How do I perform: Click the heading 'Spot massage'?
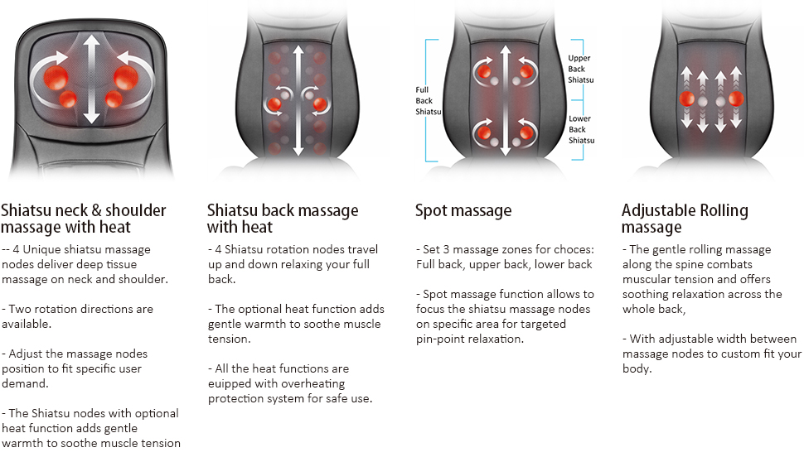[x=463, y=210]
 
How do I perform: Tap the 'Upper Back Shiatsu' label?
[x=580, y=70]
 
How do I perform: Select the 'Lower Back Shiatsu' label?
[x=582, y=129]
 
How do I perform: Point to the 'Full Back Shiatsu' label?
[x=429, y=100]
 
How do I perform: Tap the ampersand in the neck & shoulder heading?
[x=96, y=210]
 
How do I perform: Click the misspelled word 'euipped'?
[x=230, y=384]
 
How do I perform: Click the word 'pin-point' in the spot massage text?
[x=439, y=339]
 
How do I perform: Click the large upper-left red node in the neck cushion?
[x=56, y=78]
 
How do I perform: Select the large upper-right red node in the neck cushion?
[x=126, y=78]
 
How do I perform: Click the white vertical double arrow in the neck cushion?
[x=91, y=79]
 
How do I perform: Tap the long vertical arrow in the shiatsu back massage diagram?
[x=298, y=100]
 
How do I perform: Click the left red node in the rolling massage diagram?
[x=687, y=99]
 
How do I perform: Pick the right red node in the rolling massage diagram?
[x=736, y=99]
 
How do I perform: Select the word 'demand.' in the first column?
[x=25, y=383]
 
